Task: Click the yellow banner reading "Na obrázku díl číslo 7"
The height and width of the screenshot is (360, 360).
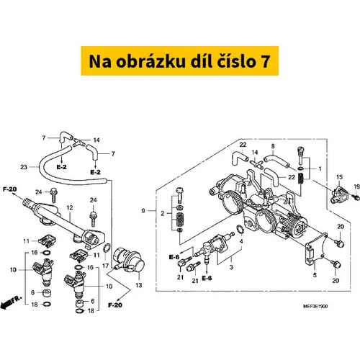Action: (180, 60)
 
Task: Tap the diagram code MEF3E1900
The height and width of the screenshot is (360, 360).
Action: (315, 306)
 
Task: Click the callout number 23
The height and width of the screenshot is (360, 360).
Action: (24, 167)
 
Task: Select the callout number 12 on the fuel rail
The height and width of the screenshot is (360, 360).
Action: (70, 207)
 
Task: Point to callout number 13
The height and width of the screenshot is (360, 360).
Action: (139, 285)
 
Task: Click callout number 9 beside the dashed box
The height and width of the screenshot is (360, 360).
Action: (143, 211)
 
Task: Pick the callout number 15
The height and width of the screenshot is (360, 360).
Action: (339, 177)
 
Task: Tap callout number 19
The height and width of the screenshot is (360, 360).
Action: (357, 186)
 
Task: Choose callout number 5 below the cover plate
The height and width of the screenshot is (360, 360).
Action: (315, 275)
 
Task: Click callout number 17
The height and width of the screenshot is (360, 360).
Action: (106, 266)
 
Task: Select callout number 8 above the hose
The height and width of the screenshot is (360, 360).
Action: (273, 146)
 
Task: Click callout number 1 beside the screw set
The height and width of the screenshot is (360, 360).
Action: (320, 168)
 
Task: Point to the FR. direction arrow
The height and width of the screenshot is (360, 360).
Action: (11, 302)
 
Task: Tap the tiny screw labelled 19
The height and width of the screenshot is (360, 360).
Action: (357, 198)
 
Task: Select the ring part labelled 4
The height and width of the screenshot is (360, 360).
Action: (240, 229)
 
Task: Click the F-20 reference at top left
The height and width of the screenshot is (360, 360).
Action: (10, 189)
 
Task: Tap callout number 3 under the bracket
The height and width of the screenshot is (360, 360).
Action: (231, 267)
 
